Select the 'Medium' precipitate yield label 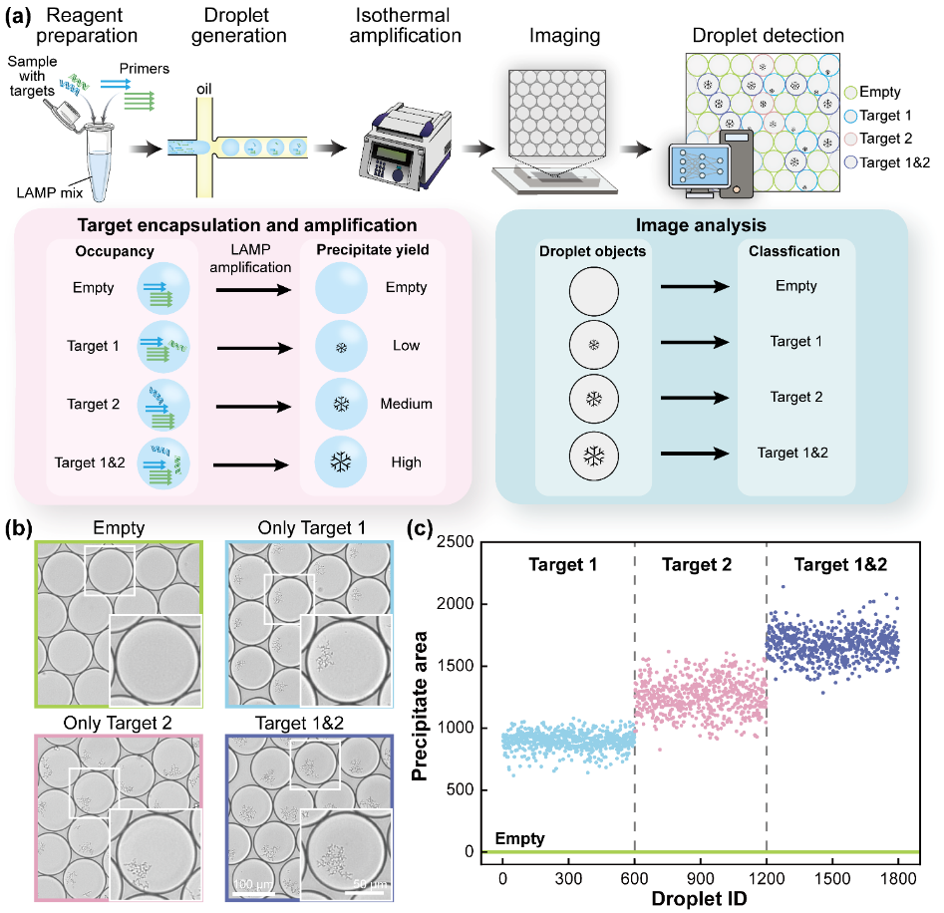coord(406,404)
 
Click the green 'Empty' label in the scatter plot coord(518,839)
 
